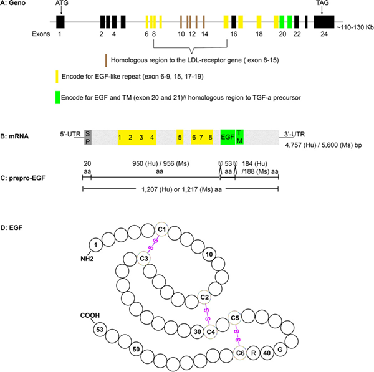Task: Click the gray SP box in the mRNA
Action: (88, 136)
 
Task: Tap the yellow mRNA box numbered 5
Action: (180, 136)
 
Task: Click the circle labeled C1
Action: (161, 230)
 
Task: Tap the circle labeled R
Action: (254, 352)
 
